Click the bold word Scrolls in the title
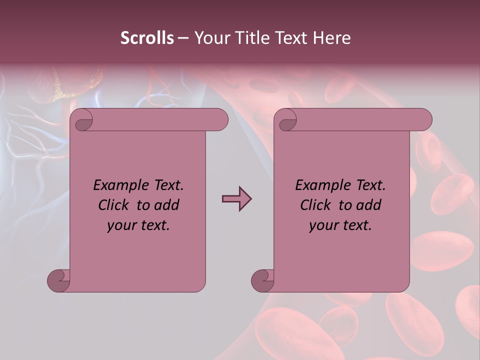coord(147,38)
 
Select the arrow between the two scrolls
coord(236,199)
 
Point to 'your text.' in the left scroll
coord(138,225)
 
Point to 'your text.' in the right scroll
coord(340,225)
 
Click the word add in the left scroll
coord(167,205)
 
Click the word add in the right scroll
coord(369,205)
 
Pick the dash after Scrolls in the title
coord(183,38)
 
